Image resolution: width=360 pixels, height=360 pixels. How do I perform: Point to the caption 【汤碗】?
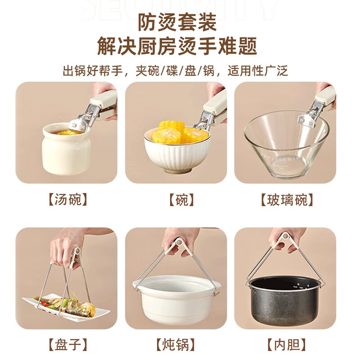click(x=66, y=199)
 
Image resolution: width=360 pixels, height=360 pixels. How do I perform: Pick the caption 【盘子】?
click(x=66, y=345)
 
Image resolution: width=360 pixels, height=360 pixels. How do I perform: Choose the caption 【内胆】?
click(x=286, y=345)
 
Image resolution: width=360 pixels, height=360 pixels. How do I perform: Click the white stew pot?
click(x=176, y=299)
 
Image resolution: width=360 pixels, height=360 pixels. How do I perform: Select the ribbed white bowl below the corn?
click(x=176, y=155)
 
